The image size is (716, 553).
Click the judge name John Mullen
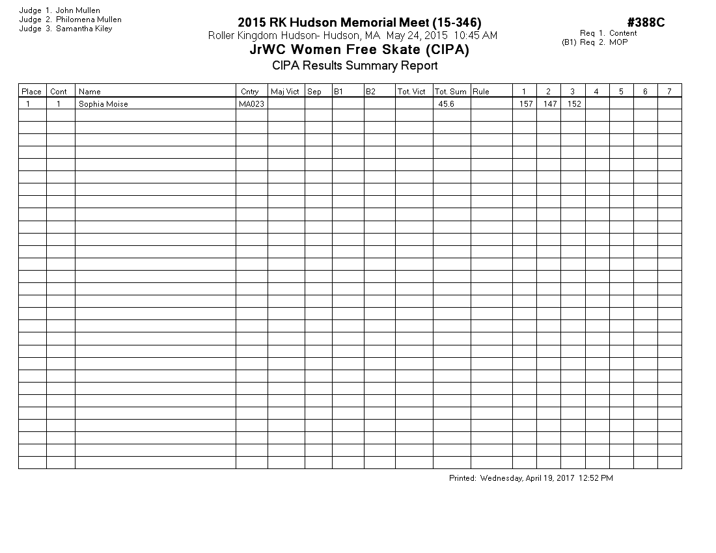[78, 10]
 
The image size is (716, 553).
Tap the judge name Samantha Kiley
[84, 29]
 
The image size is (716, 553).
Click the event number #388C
[646, 23]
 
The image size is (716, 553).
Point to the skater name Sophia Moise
[103, 104]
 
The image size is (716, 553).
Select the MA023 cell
[252, 104]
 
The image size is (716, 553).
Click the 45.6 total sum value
[446, 104]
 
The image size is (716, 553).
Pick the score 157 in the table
[525, 104]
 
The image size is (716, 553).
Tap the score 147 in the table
[550, 104]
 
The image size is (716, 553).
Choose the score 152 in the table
[573, 104]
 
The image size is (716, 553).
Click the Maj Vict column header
[285, 92]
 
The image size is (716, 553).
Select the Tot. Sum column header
[450, 92]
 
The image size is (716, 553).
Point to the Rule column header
[481, 92]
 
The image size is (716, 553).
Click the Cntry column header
[249, 92]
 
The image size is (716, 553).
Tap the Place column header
[31, 92]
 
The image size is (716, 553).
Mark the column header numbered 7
[669, 92]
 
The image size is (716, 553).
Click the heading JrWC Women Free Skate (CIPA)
[359, 50]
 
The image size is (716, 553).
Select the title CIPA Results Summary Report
[355, 66]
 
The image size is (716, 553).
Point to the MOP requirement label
[619, 42]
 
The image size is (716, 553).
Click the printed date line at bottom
[530, 478]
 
